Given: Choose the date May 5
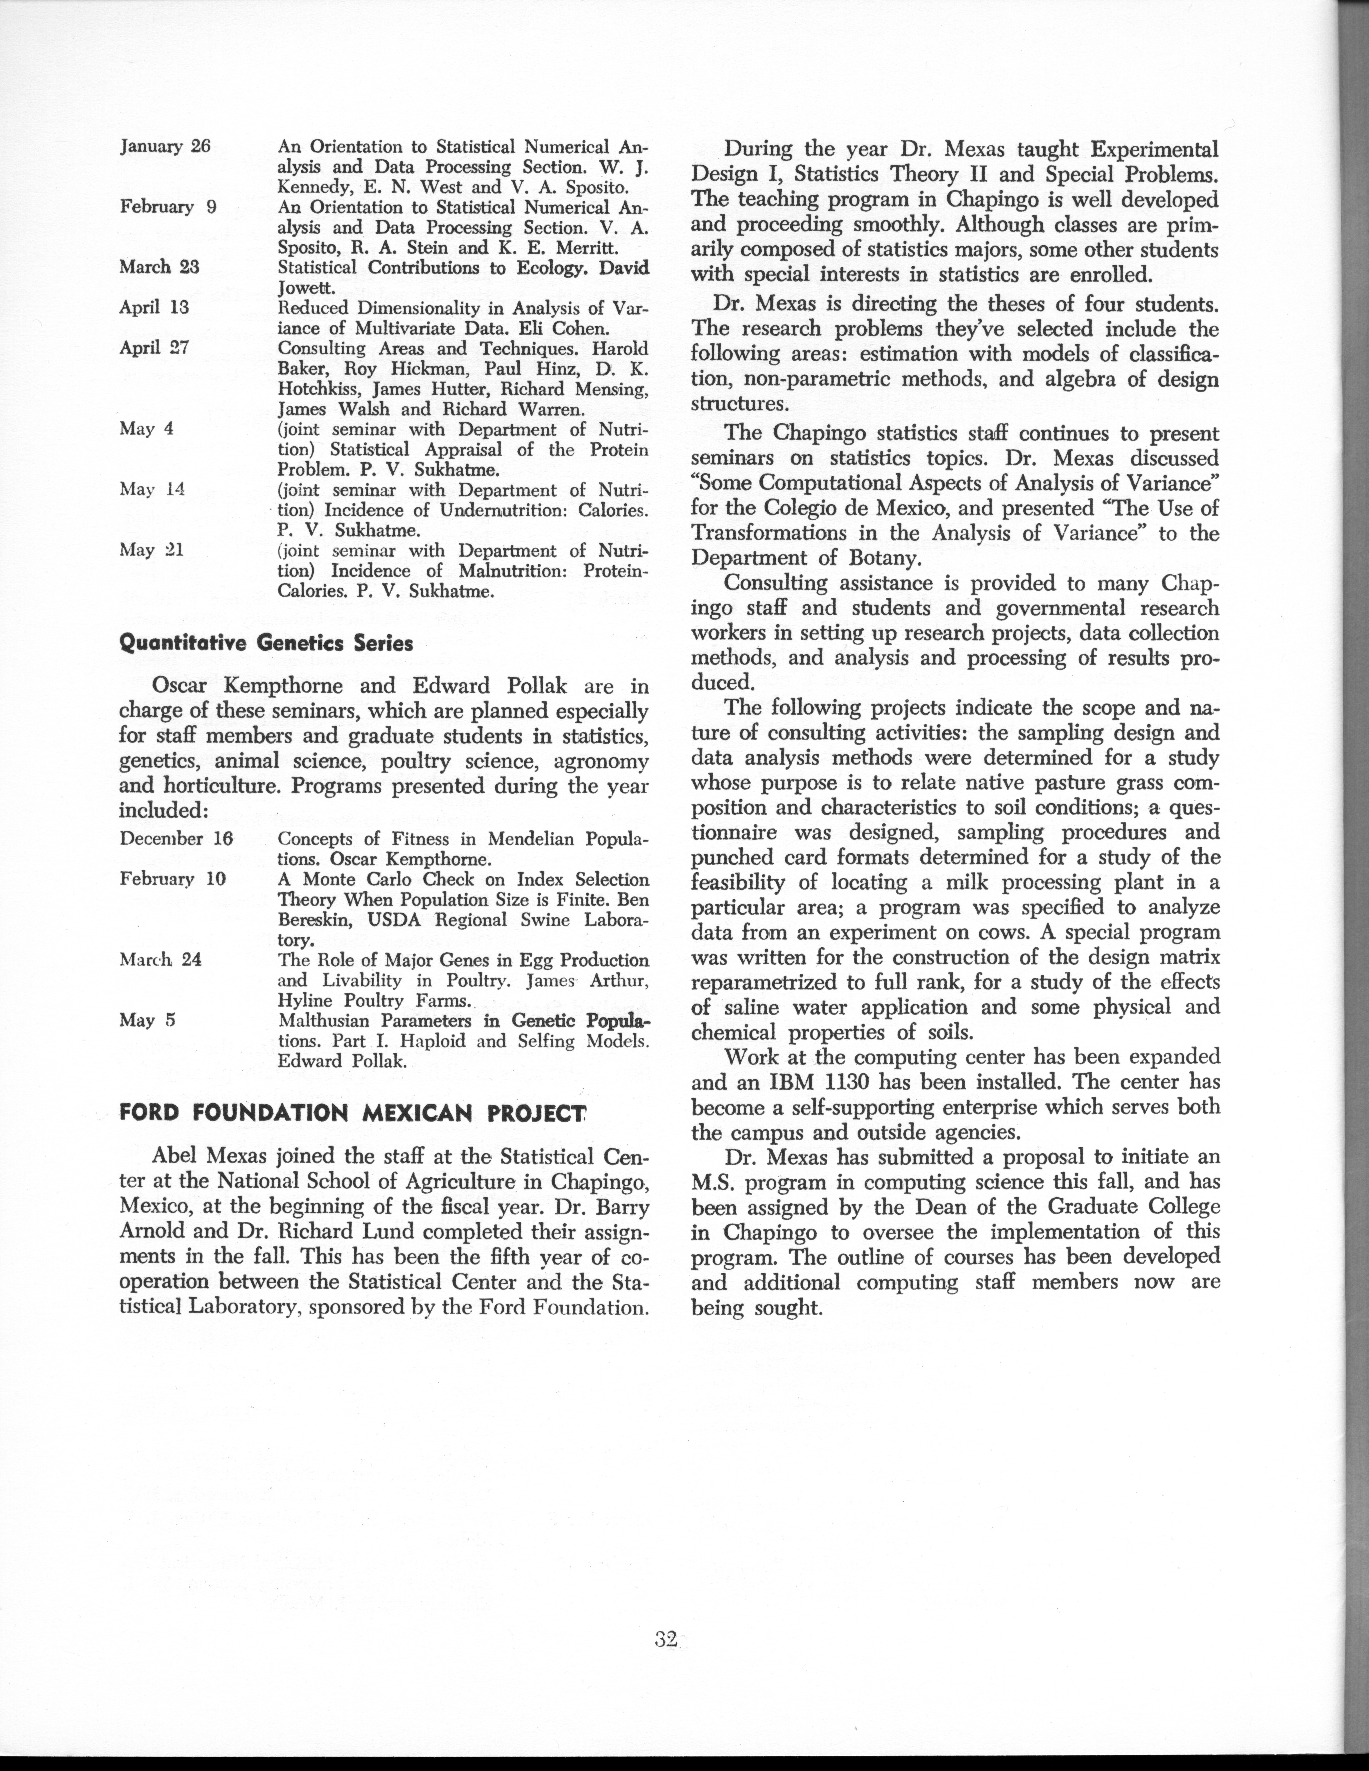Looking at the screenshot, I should click(148, 1020).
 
